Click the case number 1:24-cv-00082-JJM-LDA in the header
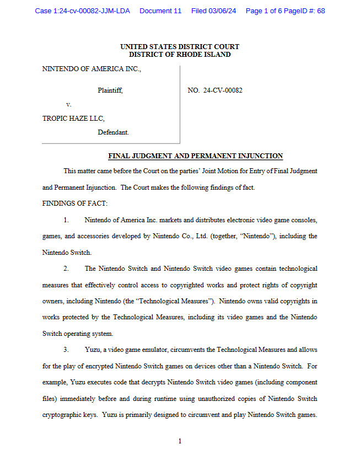(83, 11)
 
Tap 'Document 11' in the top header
(160, 11)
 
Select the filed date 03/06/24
(223, 11)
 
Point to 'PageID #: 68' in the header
(302, 11)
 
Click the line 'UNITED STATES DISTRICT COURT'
(180, 47)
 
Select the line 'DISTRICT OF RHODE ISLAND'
(180, 55)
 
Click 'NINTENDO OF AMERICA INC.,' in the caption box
(92, 69)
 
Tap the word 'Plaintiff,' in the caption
(110, 90)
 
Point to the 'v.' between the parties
(68, 104)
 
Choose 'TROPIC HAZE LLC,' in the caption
(73, 119)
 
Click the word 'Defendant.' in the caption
(113, 132)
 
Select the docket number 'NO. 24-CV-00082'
(215, 90)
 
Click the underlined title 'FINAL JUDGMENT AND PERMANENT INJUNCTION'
(195, 156)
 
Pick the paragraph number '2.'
(66, 269)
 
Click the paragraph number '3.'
(66, 350)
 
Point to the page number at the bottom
(180, 441)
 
